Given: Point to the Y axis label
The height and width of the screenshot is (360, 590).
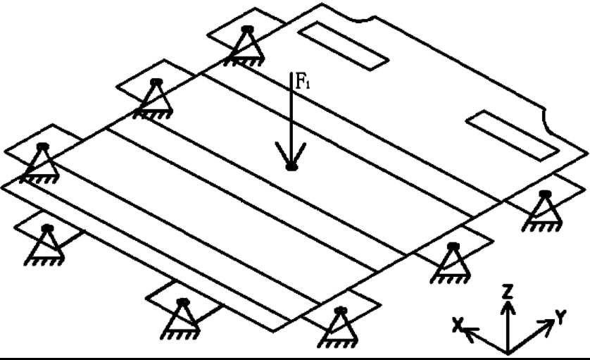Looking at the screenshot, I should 561,318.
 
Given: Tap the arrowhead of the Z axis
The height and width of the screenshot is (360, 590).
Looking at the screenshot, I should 506,307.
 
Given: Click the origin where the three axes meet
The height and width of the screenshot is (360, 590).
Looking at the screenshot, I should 506,351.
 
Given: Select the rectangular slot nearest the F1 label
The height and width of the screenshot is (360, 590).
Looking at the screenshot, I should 343,44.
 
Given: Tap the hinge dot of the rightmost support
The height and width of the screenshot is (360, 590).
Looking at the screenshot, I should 543,193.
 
